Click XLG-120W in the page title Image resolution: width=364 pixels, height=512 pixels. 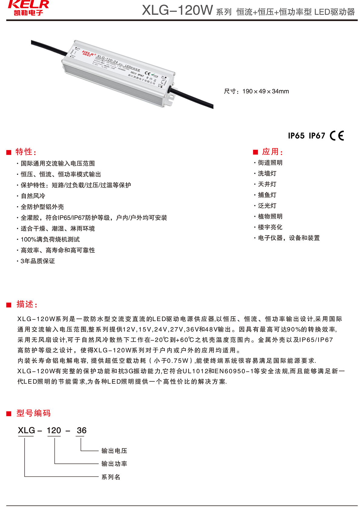pyautogui.click(x=177, y=10)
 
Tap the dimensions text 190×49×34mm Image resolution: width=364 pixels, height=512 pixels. pyautogui.click(x=265, y=91)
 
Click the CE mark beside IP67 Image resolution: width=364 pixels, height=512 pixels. pyautogui.click(x=337, y=135)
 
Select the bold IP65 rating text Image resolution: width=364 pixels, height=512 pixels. pyautogui.click(x=296, y=136)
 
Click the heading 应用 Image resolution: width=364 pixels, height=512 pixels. pyautogui.click(x=272, y=152)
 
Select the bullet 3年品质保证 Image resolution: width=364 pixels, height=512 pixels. pyautogui.click(x=38, y=261)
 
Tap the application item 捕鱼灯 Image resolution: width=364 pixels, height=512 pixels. pyautogui.click(x=267, y=195)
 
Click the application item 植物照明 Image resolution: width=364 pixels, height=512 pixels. pyautogui.click(x=270, y=216)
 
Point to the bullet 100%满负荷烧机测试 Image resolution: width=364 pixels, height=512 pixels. pyautogui.click(x=50, y=239)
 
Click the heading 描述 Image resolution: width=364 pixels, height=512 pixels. pyautogui.click(x=27, y=304)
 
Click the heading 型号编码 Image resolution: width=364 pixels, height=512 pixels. pyautogui.click(x=33, y=413)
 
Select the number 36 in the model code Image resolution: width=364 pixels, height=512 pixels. pyautogui.click(x=82, y=430)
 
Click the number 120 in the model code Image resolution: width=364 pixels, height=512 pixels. pyautogui.click(x=54, y=430)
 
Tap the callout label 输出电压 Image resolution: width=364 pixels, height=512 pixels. pyautogui.click(x=114, y=451)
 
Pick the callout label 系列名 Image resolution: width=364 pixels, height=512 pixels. pyautogui.click(x=111, y=477)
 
